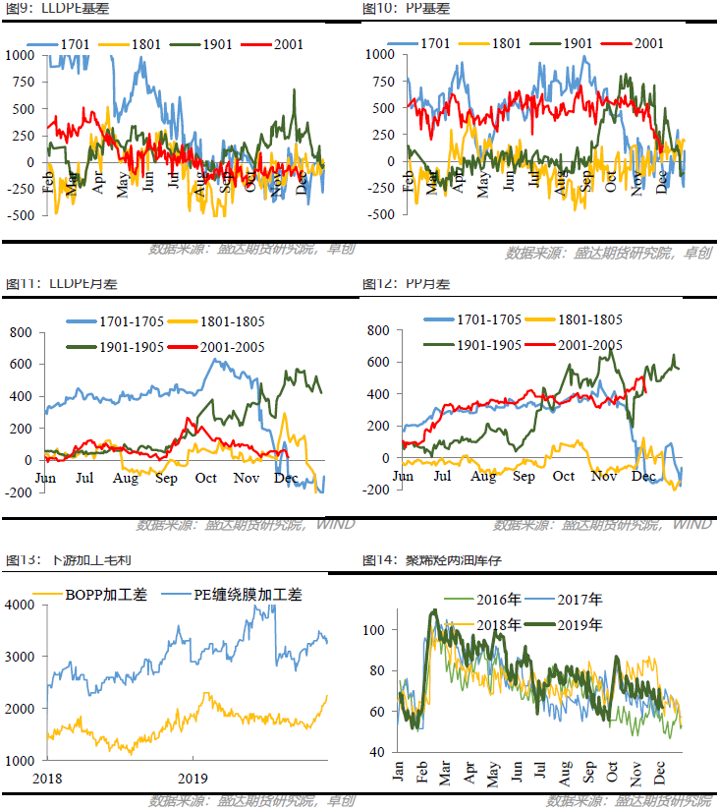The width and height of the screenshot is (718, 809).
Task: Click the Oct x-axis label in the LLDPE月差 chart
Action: pos(205,479)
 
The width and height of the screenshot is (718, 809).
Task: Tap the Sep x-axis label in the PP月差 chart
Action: pos(524,477)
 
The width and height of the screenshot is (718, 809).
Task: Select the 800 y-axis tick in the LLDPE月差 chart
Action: pos(21,332)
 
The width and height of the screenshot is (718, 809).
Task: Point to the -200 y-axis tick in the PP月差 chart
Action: pos(377,490)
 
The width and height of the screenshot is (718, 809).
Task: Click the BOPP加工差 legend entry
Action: pos(104,595)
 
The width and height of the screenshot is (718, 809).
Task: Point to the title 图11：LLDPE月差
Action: pos(44,284)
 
